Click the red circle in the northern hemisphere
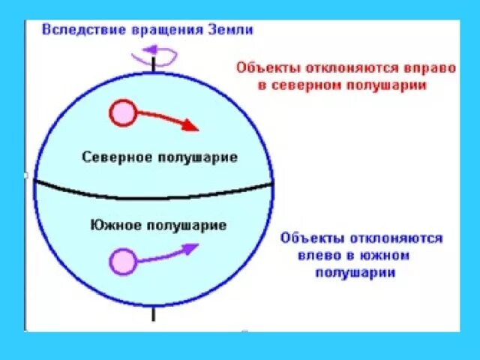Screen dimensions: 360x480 122,114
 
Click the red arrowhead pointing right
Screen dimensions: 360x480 192,126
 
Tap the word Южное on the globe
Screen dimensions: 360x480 113,224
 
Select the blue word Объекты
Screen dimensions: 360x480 312,238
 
